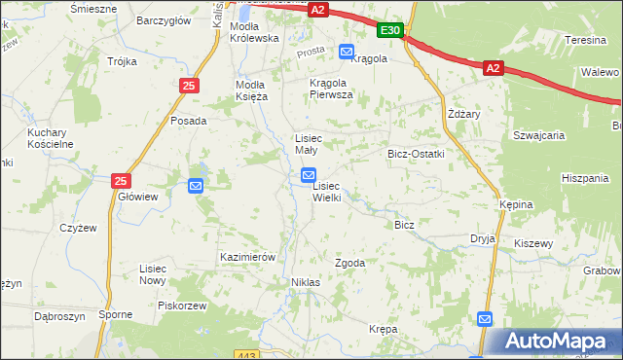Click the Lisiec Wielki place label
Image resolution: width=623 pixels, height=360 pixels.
(326, 192)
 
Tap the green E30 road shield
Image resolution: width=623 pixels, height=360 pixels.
(390, 31)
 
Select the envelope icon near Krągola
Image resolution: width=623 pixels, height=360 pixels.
(347, 51)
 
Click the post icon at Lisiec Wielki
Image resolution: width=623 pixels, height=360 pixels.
(308, 176)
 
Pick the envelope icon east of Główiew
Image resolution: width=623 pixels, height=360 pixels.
(196, 185)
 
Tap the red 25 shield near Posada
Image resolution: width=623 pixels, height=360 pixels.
(189, 87)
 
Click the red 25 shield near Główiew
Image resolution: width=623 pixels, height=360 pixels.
(121, 181)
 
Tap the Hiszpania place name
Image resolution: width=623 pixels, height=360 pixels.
(584, 178)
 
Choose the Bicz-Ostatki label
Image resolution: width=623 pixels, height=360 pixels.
(416, 154)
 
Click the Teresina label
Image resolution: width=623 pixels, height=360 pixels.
(586, 41)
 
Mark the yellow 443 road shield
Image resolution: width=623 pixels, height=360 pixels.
(248, 355)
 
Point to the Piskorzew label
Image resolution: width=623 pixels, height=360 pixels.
(182, 306)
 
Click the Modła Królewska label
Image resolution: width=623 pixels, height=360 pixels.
(254, 32)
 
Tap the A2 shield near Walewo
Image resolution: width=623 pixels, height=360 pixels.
(493, 67)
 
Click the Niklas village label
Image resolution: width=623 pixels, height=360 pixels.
(305, 282)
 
